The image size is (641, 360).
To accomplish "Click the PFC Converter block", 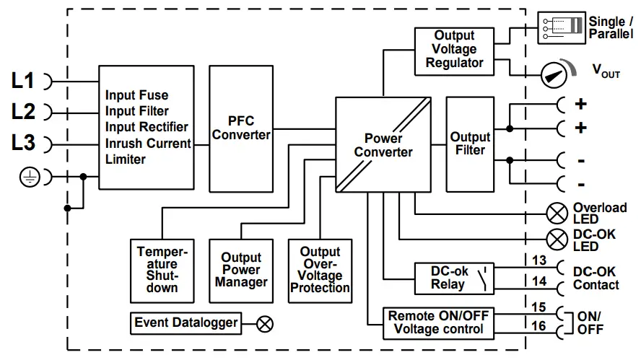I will pyautogui.click(x=241, y=127).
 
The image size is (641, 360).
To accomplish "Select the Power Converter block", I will pyautogui.click(x=383, y=145).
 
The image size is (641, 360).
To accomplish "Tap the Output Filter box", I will pyautogui.click(x=470, y=144).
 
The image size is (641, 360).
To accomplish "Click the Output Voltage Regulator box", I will pyautogui.click(x=454, y=49).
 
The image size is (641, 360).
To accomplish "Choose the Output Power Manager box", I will pyautogui.click(x=241, y=269).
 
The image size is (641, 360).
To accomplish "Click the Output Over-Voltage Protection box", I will pyautogui.click(x=320, y=269).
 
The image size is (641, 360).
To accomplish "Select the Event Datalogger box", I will pyautogui.click(x=186, y=322).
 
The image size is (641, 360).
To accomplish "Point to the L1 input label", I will pyautogui.click(x=23, y=81).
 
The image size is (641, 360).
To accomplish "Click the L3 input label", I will pyautogui.click(x=23, y=143).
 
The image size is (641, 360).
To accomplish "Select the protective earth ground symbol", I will pyautogui.click(x=30, y=177).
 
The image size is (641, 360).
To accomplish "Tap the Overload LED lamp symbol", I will pyautogui.click(x=557, y=213).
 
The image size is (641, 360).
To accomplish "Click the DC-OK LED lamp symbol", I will pyautogui.click(x=557, y=239).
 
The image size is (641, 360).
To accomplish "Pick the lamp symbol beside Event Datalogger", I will pyautogui.click(x=265, y=323).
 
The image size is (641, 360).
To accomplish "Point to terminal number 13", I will pyautogui.click(x=539, y=261).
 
